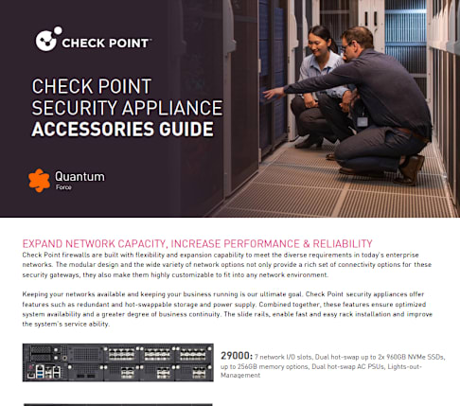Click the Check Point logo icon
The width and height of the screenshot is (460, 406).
tap(48, 39)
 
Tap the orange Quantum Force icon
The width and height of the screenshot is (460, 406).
tap(39, 180)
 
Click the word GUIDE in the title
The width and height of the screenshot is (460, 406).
tap(186, 129)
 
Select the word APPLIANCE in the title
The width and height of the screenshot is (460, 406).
tap(172, 108)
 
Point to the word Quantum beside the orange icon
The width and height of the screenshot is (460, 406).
tap(80, 176)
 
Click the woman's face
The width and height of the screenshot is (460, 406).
tap(318, 45)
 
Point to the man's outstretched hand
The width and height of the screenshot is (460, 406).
tap(274, 93)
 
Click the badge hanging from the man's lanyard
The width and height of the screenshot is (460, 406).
tap(362, 122)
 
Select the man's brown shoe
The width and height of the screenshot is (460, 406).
tap(411, 169)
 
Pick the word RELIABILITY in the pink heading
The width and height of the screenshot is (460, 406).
tap(343, 244)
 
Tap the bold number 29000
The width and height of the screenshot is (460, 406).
tap(237, 356)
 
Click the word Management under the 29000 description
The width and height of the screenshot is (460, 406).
tap(240, 376)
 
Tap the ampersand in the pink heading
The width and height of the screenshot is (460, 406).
tap(306, 244)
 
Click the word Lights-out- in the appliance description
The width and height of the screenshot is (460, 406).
tap(404, 366)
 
